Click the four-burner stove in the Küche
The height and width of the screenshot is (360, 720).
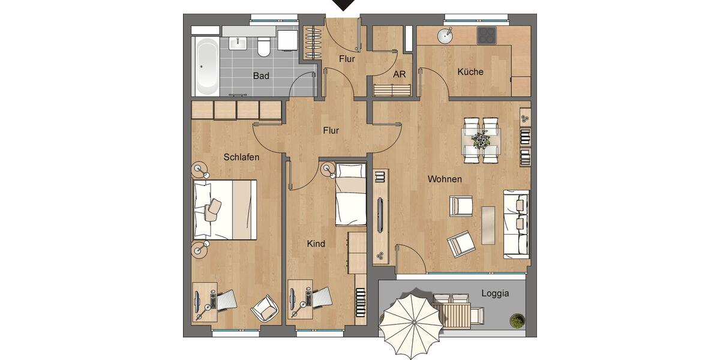pyautogui.click(x=486, y=36)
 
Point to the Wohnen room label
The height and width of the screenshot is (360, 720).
pyautogui.click(x=444, y=179)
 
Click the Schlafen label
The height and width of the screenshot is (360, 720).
pyautogui.click(x=241, y=157)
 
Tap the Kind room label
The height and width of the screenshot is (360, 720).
pyautogui.click(x=316, y=244)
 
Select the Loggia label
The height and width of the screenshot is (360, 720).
pyautogui.click(x=495, y=293)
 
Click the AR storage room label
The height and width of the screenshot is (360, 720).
pyautogui.click(x=400, y=76)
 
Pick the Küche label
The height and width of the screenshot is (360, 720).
pyautogui.click(x=470, y=71)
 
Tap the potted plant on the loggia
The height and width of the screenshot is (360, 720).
pyautogui.click(x=517, y=320)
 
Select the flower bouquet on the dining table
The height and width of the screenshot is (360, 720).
pyautogui.click(x=481, y=141)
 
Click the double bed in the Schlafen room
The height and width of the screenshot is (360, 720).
pyautogui.click(x=224, y=209)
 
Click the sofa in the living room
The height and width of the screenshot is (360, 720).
pyautogui.click(x=516, y=223)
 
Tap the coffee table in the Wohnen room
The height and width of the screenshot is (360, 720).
pyautogui.click(x=488, y=225)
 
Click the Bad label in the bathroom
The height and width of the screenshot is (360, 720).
pyautogui.click(x=260, y=76)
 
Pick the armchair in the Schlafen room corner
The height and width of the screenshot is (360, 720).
pyautogui.click(x=265, y=308)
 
